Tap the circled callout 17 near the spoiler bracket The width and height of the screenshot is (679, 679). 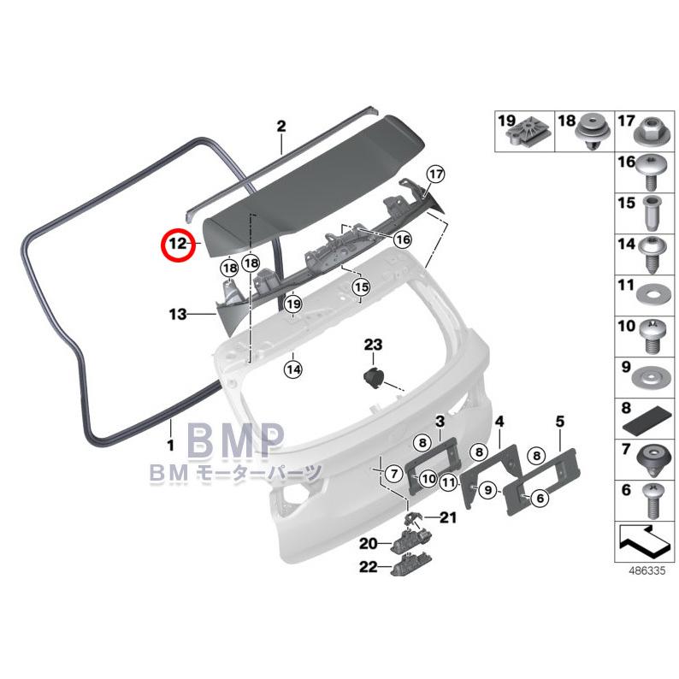[x=435, y=174]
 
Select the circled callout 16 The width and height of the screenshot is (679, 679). [x=402, y=239]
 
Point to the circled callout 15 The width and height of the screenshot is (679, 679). [x=362, y=286]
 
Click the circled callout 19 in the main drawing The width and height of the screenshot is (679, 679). [x=293, y=304]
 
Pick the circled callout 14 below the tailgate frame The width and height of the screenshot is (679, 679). [x=293, y=369]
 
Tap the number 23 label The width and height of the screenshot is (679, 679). [x=373, y=345]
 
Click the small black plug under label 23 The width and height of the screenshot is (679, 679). [x=373, y=379]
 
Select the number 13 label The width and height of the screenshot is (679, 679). [x=178, y=314]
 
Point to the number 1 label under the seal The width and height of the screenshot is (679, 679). [x=171, y=445]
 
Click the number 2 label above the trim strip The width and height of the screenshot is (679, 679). [x=281, y=127]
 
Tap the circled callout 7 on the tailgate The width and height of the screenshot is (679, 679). [x=393, y=473]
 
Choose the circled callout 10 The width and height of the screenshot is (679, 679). [x=428, y=479]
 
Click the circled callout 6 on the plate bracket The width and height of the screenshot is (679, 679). [x=540, y=498]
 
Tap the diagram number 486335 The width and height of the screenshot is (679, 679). [x=647, y=570]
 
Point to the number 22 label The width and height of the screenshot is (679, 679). [x=369, y=567]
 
